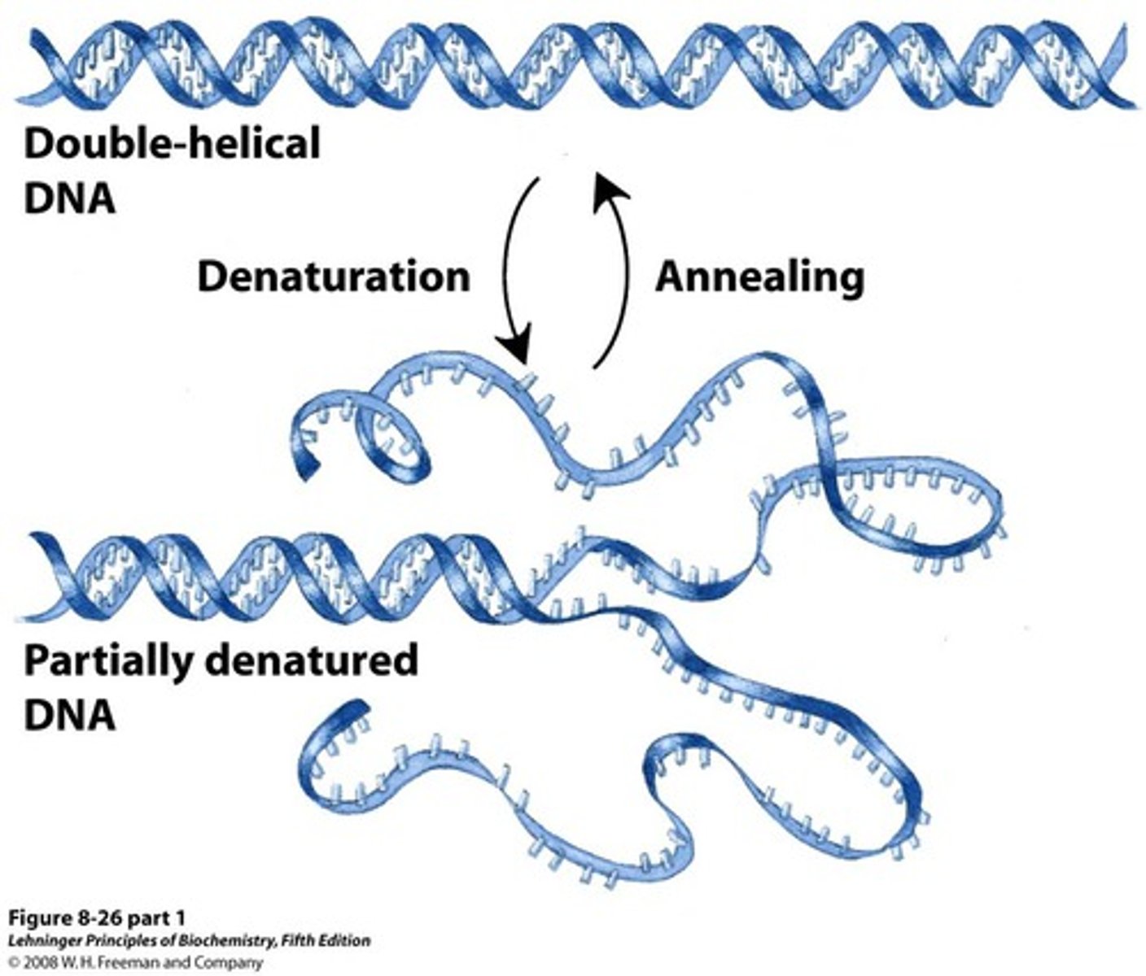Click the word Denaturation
(334, 277)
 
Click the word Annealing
(759, 278)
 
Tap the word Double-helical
(172, 145)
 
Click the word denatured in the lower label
(312, 660)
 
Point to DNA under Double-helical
(69, 198)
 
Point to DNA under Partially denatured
(69, 716)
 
